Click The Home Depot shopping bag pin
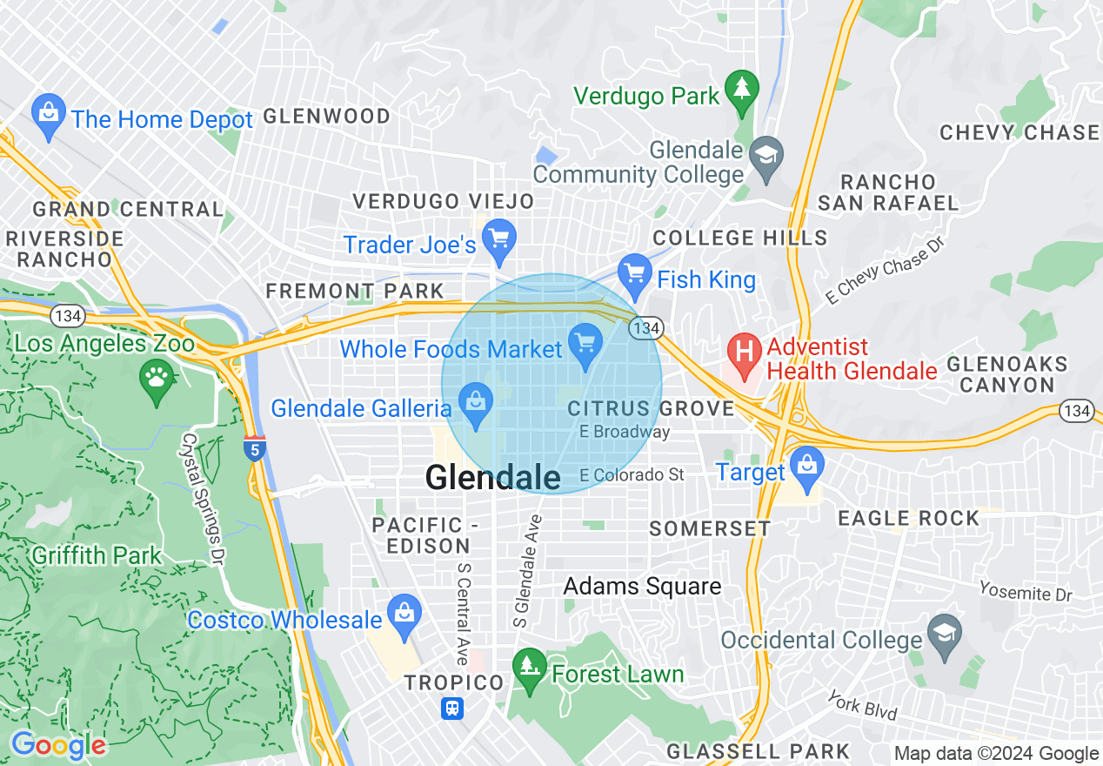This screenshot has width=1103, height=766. coord(49,116)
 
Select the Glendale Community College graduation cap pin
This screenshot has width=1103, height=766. coord(765,158)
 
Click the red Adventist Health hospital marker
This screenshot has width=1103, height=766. coord(744,355)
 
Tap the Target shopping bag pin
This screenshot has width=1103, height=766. coord(807,467)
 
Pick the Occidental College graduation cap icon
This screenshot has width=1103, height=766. coord(943,634)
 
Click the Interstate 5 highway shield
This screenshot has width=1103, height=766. coord(254,448)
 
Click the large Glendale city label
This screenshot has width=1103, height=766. coord(492,478)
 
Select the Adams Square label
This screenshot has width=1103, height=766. coord(642,587)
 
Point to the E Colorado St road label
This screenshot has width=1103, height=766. coord(632,474)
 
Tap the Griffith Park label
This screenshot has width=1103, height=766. coord(96,555)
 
